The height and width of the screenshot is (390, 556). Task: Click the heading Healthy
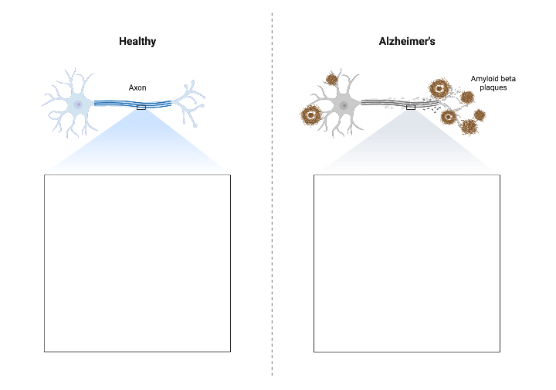137,41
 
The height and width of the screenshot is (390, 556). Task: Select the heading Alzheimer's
407,41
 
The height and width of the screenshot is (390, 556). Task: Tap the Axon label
137,87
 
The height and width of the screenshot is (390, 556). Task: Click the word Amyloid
483,79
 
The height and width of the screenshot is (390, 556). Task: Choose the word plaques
493,87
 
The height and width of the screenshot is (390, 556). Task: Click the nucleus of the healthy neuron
78,103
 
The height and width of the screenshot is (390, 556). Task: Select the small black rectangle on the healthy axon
141,106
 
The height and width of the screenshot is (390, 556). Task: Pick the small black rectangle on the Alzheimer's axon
410,107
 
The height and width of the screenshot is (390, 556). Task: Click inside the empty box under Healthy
137,263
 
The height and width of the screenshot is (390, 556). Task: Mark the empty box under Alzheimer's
407,263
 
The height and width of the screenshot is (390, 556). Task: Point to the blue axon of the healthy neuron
116,103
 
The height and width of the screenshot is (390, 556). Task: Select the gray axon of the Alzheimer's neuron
382,102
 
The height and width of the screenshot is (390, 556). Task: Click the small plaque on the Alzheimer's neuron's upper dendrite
332,79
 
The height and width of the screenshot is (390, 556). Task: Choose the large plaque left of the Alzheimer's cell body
312,116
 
